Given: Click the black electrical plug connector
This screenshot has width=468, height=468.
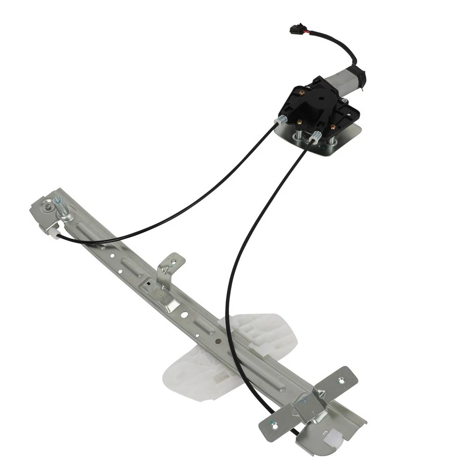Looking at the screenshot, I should tap(295, 29).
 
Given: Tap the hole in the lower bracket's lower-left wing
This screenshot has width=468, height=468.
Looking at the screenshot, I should tap(274, 425).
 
